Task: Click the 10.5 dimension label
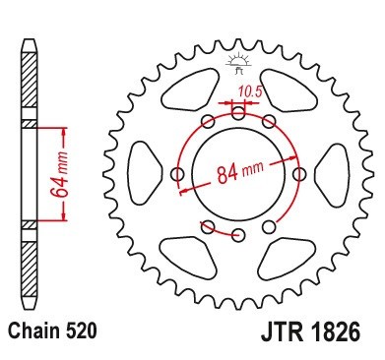pos(250,91)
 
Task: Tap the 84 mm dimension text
pos(240,171)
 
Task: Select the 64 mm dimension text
pos(61,174)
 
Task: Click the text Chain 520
pos(53,330)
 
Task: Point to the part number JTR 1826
pos(310,331)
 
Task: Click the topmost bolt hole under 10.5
pos(238,114)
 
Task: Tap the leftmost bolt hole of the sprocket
pos(178,173)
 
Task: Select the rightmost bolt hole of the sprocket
pos(298,174)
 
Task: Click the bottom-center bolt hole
pos(238,234)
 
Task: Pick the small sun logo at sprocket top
pos(239,63)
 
